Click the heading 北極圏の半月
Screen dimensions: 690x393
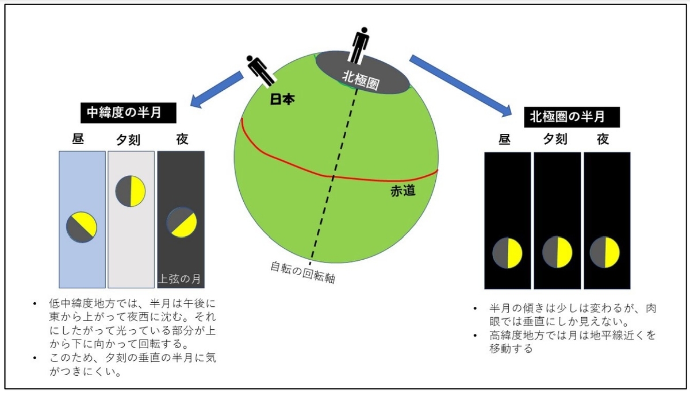coord(566,117)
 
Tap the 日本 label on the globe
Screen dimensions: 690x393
coord(282,99)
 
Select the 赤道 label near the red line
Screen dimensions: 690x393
coord(401,191)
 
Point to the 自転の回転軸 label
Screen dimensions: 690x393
coord(303,273)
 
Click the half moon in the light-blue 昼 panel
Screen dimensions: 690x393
coord(81,227)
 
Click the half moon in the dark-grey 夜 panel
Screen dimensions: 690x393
coord(182,222)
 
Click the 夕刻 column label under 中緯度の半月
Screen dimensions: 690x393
coord(131,140)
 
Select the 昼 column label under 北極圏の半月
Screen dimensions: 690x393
coord(504,139)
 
